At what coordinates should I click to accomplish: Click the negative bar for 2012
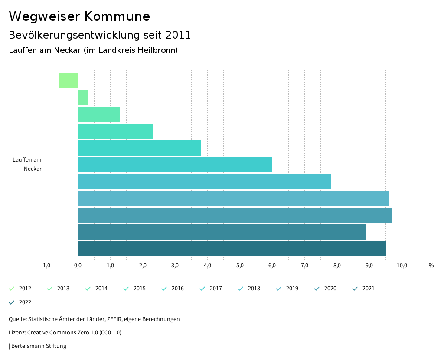68,81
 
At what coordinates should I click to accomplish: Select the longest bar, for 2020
235,215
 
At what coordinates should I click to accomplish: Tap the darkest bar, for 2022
232,249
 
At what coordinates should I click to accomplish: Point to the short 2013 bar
83,98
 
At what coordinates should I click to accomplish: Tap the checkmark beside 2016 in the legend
164,289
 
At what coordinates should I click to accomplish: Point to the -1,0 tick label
46,266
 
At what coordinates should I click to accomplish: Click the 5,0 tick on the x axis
240,266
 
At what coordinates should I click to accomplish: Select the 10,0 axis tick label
402,266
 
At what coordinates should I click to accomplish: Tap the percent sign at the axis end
431,266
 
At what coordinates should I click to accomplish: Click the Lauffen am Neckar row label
27,164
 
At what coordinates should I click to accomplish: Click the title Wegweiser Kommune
79,16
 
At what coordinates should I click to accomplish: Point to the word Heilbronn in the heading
158,50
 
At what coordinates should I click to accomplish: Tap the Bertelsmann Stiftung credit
39,346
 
